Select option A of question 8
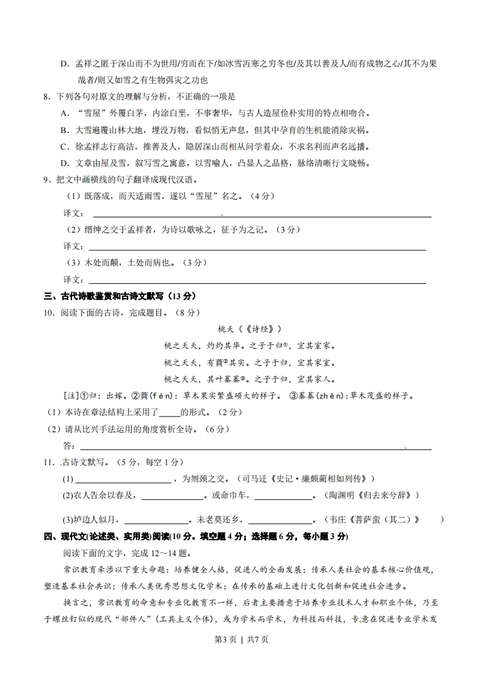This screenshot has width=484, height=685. (x=64, y=113)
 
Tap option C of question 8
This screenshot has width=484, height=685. (x=64, y=147)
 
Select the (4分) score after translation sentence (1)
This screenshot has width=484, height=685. (x=263, y=196)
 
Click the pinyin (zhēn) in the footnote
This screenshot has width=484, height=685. (x=332, y=396)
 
